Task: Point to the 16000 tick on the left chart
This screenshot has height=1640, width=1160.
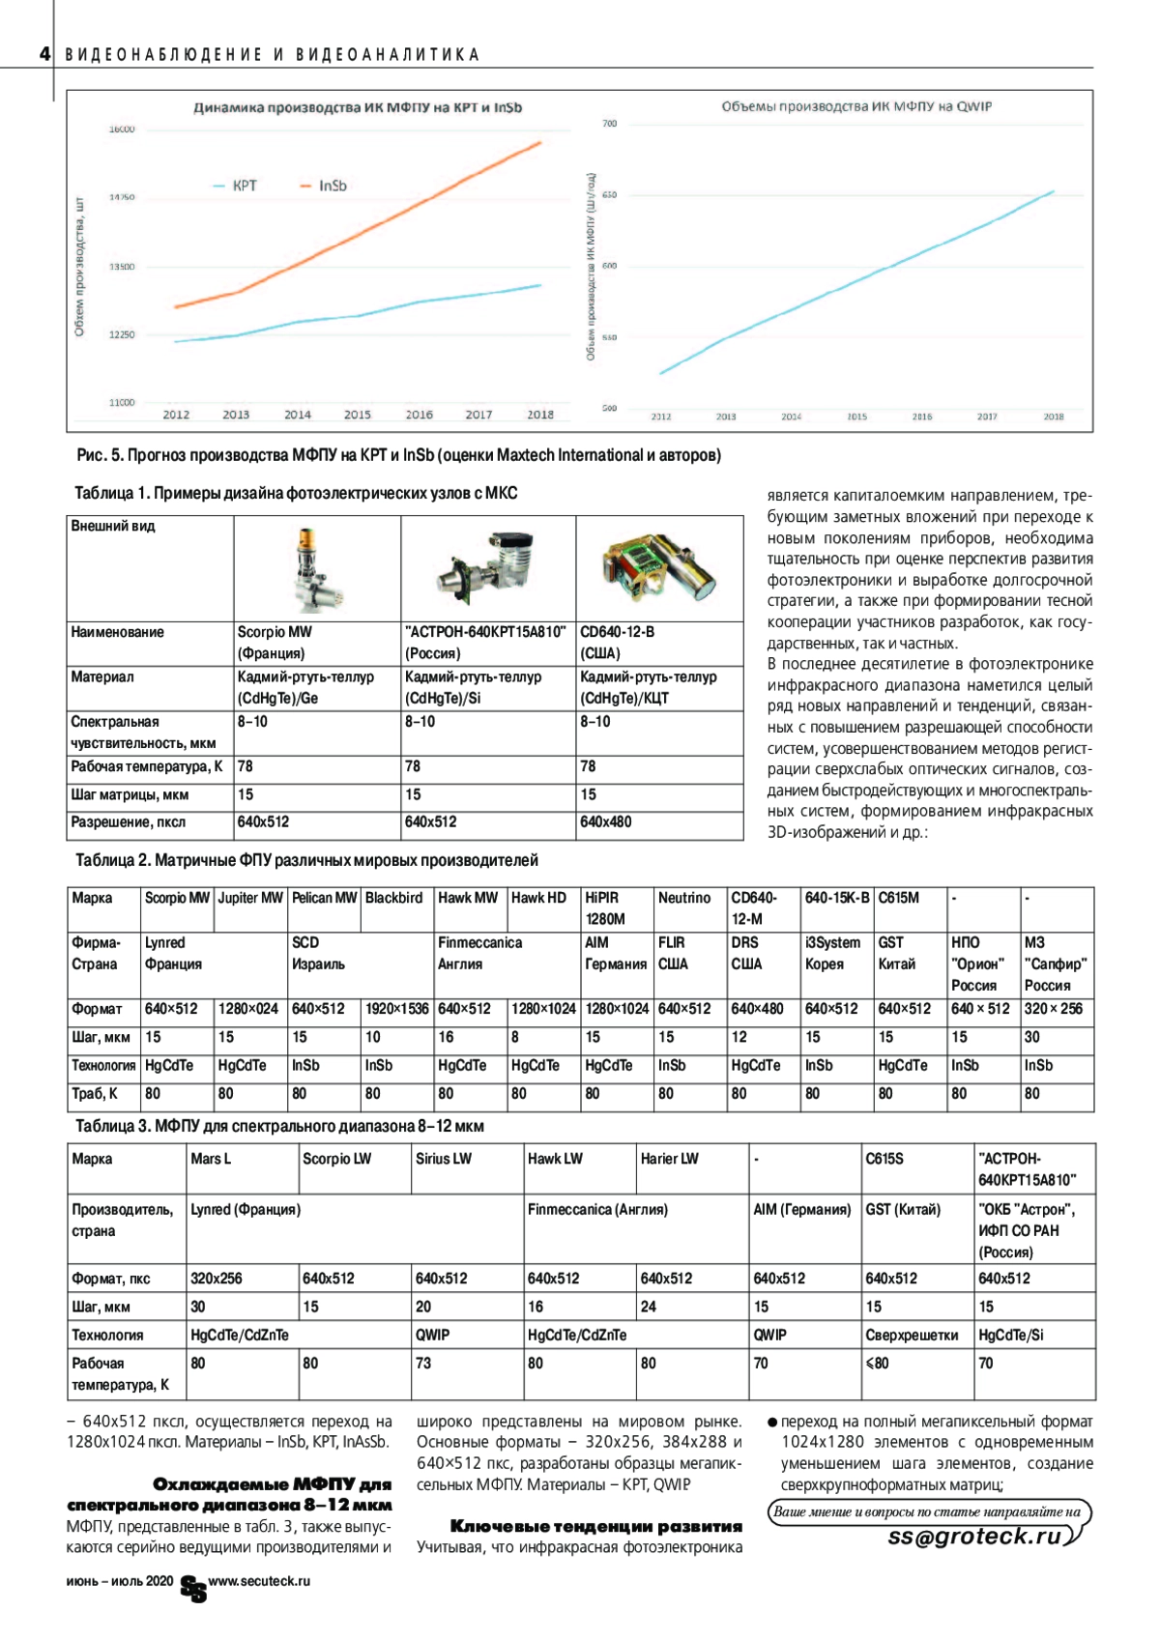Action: click(122, 129)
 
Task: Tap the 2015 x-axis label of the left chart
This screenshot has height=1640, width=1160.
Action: click(358, 415)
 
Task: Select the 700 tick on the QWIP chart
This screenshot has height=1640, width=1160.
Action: click(609, 124)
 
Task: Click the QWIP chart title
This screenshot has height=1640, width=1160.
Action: click(855, 106)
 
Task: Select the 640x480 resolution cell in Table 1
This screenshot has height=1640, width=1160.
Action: click(606, 822)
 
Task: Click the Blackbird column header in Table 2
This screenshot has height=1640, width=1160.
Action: click(394, 898)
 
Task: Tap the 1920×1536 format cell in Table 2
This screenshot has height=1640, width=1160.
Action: click(396, 1009)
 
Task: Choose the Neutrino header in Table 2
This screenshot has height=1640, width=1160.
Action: click(684, 898)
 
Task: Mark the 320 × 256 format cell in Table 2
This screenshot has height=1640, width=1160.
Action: click(1054, 1009)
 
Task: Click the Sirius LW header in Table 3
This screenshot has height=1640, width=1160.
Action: click(444, 1159)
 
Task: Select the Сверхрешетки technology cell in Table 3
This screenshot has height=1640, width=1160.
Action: click(912, 1336)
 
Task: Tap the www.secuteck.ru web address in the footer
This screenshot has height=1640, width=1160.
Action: click(259, 1581)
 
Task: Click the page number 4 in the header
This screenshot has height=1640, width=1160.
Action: click(44, 54)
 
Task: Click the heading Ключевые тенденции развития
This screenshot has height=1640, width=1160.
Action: click(596, 1527)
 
